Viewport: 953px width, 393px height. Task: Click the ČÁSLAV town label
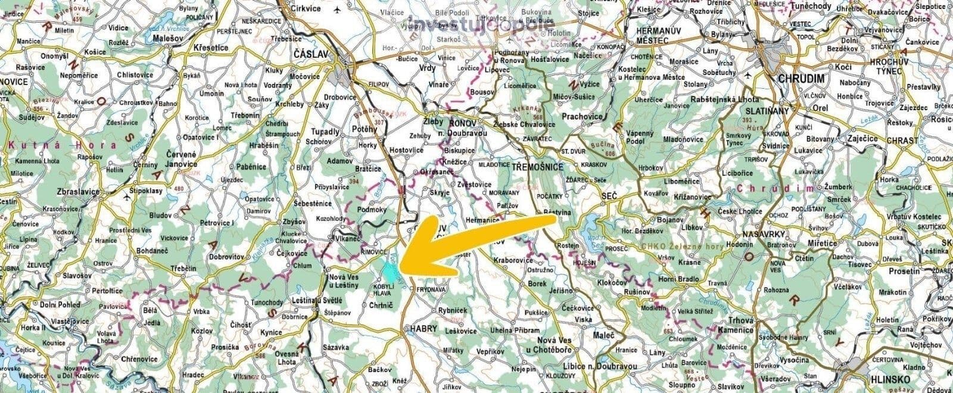312,54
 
